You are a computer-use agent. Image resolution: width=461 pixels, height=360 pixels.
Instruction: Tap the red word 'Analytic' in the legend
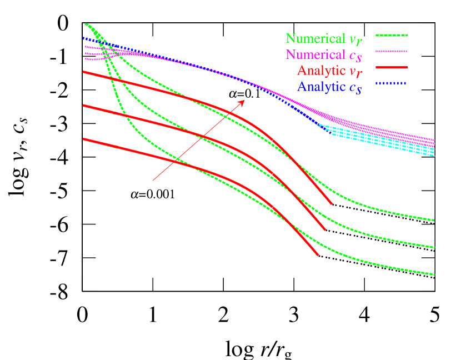tap(321, 71)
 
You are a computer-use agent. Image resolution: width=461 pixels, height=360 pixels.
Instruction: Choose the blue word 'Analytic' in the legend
tap(321, 87)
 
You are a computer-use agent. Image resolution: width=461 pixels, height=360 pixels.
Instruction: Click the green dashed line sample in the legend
tap(391, 35)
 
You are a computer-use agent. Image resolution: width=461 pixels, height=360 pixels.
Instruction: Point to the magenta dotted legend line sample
tap(391, 51)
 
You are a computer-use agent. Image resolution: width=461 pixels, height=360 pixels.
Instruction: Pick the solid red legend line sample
tap(391, 67)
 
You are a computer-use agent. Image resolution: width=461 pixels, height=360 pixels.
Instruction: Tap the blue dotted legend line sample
tap(391, 83)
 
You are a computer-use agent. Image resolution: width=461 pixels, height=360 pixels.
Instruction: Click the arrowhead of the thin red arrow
tap(244, 101)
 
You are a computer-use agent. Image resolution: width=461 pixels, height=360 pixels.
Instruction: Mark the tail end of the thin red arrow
tap(153, 180)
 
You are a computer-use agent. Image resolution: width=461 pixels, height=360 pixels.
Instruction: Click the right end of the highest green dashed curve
tap(434, 220)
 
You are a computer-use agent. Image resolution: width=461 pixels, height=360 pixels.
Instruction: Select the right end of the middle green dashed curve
tap(434, 247)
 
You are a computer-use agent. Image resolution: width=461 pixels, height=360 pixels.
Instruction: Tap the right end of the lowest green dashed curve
tap(434, 274)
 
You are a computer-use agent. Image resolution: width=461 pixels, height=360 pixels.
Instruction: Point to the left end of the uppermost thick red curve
tap(83, 72)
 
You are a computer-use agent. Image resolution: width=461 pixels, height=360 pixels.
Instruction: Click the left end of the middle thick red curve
tap(83, 105)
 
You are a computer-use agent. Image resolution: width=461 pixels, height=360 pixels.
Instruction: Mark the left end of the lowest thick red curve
tap(83, 139)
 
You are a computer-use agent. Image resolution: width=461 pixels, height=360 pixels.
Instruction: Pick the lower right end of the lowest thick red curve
tap(318, 255)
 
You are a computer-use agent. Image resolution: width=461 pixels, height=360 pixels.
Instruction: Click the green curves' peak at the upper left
tap(87, 24)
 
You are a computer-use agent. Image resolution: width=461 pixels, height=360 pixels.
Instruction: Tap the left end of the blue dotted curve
tap(83, 38)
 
